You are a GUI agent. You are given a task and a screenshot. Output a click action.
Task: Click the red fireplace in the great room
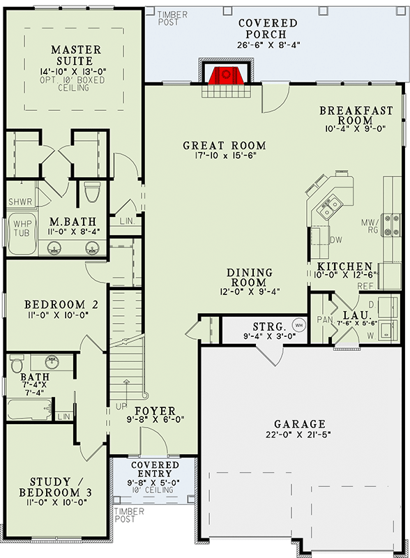pos(224,75)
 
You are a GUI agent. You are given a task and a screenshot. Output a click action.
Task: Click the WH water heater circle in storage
pos(298,325)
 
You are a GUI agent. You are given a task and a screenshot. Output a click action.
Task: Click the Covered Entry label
pos(155,469)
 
